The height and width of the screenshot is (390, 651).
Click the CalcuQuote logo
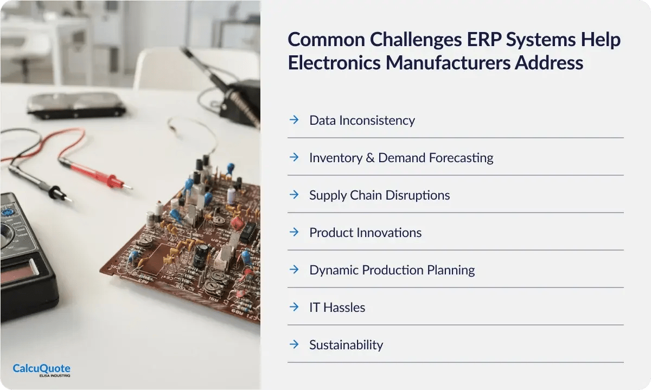pos(41,370)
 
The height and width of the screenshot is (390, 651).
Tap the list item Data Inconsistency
pos(362,120)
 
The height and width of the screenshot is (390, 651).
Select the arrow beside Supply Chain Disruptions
pos(294,194)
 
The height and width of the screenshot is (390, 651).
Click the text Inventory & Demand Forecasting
pos(401,158)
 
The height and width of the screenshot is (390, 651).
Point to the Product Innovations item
pos(365,233)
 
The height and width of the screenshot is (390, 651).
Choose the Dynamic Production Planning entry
pos(392,270)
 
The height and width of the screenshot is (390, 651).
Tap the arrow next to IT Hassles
pos(294,307)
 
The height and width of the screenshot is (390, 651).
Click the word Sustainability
pos(346,345)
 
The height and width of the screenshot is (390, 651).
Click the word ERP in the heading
pos(484,39)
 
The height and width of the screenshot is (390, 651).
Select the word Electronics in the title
pos(334,63)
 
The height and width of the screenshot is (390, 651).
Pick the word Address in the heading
pos(548,63)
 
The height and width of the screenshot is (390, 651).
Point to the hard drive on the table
pos(76,105)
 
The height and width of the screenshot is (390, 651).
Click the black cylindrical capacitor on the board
pos(201,255)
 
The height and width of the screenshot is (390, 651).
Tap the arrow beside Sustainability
pos(294,344)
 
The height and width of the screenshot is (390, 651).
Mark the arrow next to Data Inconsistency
pos(294,119)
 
